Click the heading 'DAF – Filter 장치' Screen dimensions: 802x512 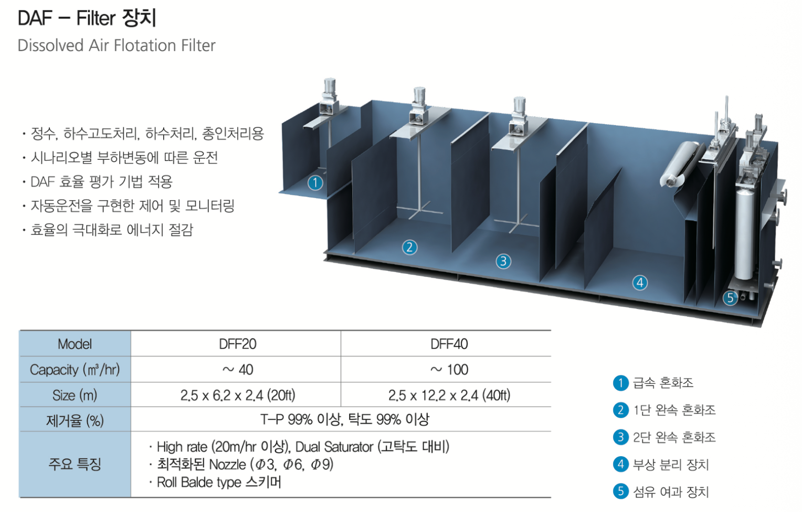(x=87, y=18)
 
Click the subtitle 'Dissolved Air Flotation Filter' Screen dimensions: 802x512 (x=117, y=46)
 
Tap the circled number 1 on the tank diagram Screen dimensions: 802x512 (x=315, y=182)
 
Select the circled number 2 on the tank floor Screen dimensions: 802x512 (x=409, y=247)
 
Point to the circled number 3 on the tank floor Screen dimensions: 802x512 (x=503, y=261)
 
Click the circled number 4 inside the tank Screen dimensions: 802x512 (x=639, y=283)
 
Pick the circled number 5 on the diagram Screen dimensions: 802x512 (x=730, y=298)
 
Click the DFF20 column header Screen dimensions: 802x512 (x=237, y=344)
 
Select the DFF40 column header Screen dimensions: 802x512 (x=449, y=344)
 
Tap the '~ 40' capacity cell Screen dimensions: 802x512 (x=238, y=370)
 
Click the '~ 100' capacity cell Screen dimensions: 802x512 (x=449, y=370)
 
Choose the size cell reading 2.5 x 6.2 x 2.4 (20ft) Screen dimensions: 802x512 (x=238, y=395)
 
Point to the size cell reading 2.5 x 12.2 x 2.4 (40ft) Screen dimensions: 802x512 (x=449, y=395)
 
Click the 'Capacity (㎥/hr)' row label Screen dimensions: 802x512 (x=75, y=370)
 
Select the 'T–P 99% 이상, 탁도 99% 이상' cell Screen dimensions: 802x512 (x=344, y=419)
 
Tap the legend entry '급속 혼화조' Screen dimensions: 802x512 (x=663, y=383)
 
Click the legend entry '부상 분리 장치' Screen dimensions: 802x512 (x=670, y=465)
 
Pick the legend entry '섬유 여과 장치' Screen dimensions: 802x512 (x=670, y=492)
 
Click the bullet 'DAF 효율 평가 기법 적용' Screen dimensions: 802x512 (x=101, y=182)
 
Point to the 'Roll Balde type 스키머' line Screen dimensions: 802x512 (x=219, y=483)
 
